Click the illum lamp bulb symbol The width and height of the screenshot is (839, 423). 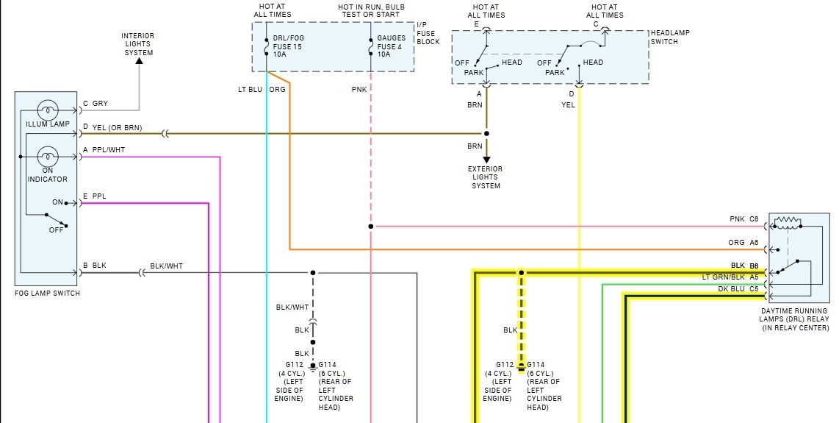click(48, 110)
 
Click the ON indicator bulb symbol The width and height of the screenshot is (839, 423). click(48, 157)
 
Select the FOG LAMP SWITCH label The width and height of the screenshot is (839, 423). click(47, 294)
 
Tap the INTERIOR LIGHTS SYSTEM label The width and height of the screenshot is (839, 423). click(138, 44)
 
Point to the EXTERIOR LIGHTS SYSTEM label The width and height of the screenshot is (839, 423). click(486, 177)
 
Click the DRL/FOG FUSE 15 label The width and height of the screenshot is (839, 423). click(288, 46)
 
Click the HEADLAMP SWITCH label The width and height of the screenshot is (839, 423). click(670, 38)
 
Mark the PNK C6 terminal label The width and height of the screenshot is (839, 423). click(743, 219)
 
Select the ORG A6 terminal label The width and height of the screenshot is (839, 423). click(743, 242)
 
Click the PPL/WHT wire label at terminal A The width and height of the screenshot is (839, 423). click(107, 150)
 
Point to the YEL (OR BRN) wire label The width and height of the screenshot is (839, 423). click(118, 128)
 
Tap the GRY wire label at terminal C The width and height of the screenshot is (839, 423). click(100, 104)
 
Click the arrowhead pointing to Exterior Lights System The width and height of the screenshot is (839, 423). click(486, 158)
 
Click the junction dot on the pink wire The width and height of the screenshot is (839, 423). click(370, 226)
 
